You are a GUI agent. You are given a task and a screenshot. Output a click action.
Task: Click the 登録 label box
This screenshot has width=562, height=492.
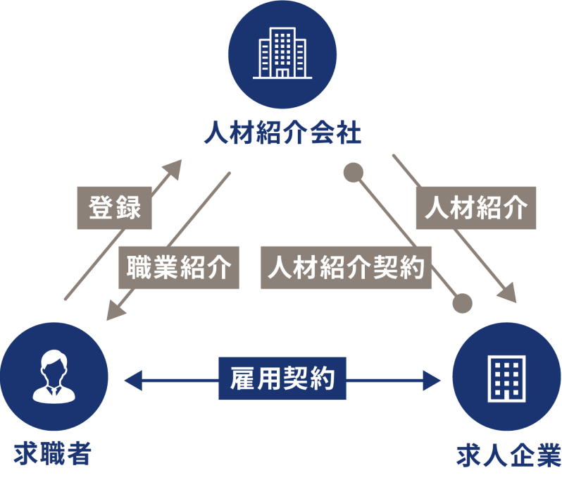point(113,209)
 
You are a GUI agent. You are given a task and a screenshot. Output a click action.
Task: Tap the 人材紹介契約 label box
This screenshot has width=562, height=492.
point(346,269)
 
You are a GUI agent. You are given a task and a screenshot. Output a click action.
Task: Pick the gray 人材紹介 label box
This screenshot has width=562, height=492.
point(476,208)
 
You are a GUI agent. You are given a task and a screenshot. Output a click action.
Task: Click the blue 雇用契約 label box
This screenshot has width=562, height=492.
point(282,381)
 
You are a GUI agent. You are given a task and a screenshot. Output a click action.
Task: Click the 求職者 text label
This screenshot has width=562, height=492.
point(53,453)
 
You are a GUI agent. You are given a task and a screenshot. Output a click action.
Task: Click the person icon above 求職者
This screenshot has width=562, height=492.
point(54,378)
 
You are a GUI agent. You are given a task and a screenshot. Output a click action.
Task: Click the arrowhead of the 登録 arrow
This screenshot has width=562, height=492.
point(175,166)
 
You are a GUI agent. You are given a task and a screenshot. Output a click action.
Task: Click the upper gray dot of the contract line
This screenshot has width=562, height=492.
point(353,172)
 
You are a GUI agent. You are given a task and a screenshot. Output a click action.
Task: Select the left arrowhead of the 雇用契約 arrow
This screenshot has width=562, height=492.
point(130,381)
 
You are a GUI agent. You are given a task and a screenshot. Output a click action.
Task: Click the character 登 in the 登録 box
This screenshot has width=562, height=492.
point(101,209)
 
